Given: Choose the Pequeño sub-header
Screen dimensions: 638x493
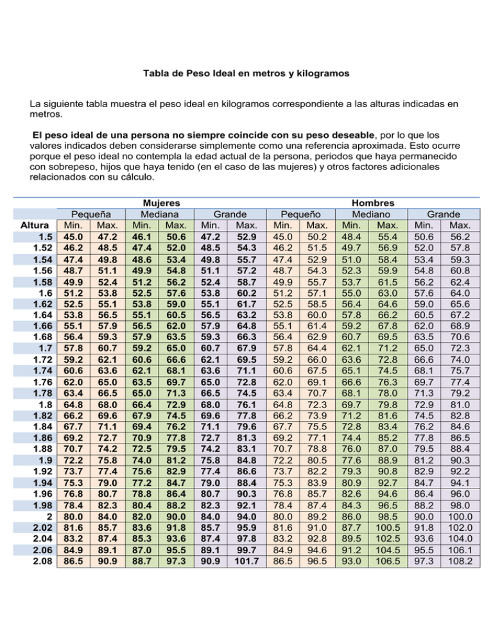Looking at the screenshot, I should coord(302,214).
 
